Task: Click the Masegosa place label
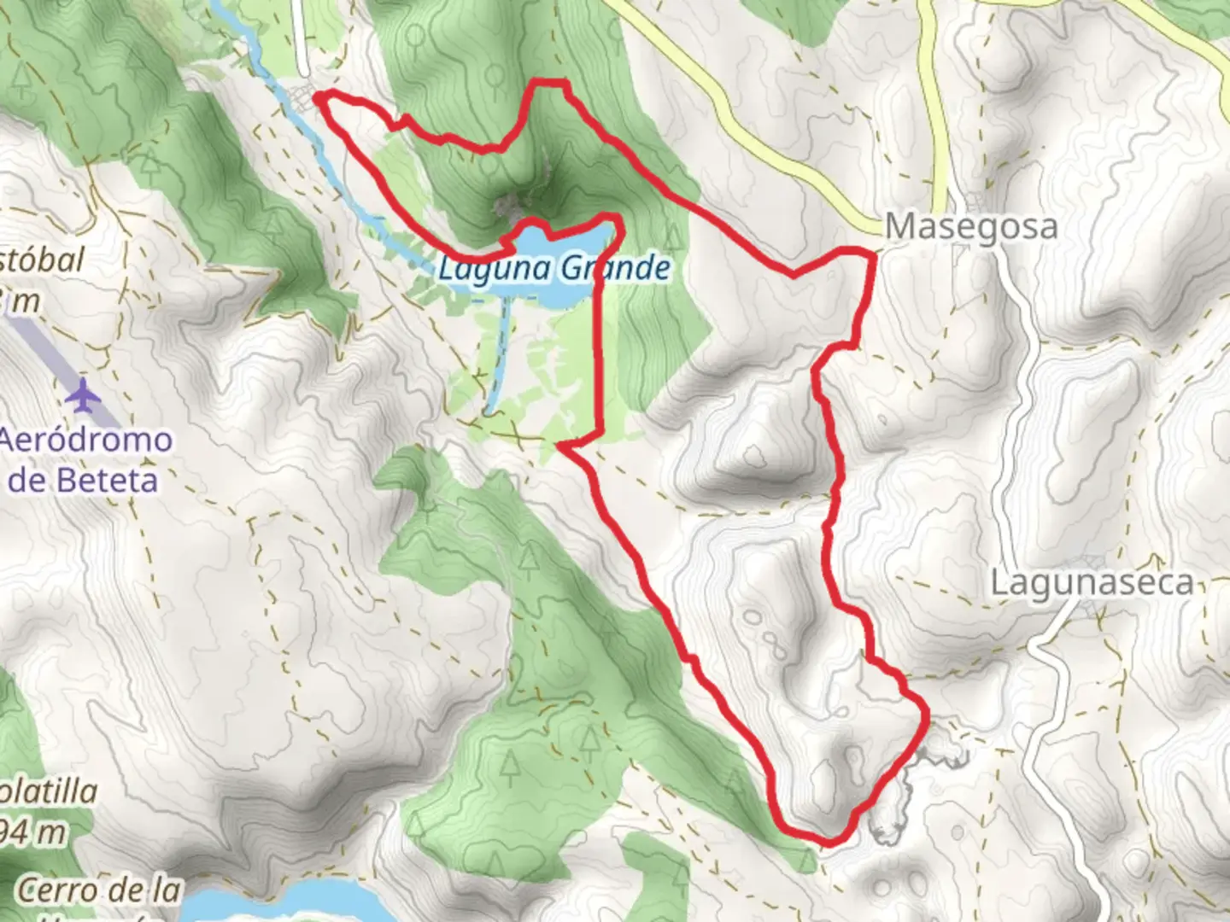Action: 971,227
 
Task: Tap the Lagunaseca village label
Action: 1091,584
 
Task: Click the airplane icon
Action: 84,395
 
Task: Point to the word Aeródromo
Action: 85,441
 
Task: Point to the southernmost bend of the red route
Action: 829,841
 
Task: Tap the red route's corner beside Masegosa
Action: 871,253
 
